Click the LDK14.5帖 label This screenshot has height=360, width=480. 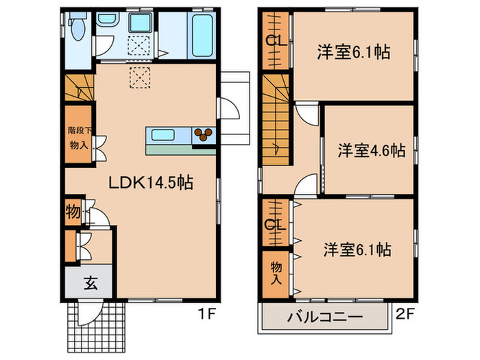(x=152, y=183)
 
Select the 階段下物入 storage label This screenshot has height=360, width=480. (x=77, y=136)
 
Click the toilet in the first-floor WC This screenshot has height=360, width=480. (x=78, y=29)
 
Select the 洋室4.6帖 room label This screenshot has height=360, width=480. (x=370, y=150)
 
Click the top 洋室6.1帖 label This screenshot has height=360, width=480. (x=354, y=52)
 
